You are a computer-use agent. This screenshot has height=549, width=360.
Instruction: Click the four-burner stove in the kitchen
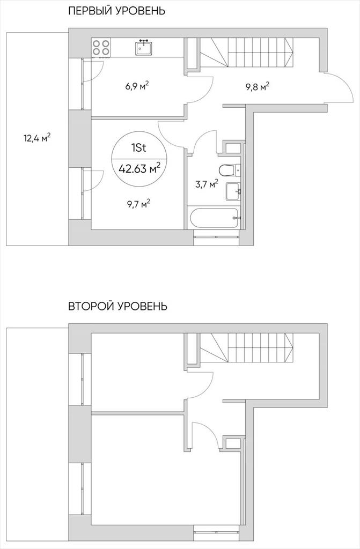pos(101,47)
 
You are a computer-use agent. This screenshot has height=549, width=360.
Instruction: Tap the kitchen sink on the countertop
pos(144,47)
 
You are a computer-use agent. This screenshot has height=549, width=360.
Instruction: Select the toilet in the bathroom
pos(230,170)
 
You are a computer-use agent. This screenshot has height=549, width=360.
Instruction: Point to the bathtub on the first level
pos(215,218)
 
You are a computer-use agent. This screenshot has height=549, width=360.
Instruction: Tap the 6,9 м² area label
pos(137,85)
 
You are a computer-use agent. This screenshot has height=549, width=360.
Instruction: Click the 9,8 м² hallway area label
pos(258,86)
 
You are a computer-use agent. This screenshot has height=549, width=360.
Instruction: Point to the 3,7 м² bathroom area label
pos(207,184)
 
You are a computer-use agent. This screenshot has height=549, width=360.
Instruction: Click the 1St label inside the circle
pos(139,148)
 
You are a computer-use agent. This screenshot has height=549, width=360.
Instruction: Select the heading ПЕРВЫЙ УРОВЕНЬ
pos(117,11)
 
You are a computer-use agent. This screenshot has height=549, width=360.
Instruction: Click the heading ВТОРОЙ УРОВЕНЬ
pos(118,306)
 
